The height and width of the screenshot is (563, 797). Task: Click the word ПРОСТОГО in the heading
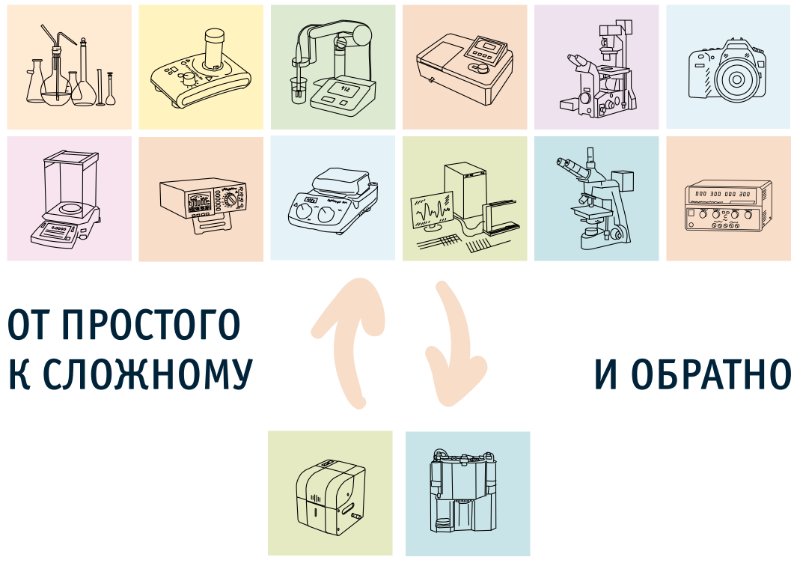153,324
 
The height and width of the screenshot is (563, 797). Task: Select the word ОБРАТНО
711,375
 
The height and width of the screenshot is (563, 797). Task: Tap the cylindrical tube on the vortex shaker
214,49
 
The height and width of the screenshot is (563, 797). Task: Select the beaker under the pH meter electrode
297,91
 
